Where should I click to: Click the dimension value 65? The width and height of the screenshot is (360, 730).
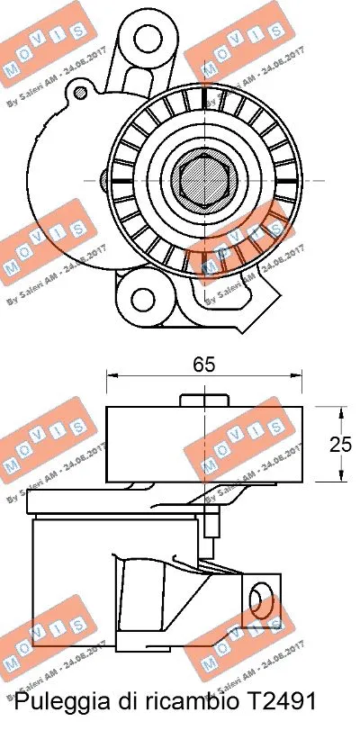pyautogui.click(x=204, y=365)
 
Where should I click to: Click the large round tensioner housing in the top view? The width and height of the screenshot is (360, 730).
pyautogui.click(x=67, y=180)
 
